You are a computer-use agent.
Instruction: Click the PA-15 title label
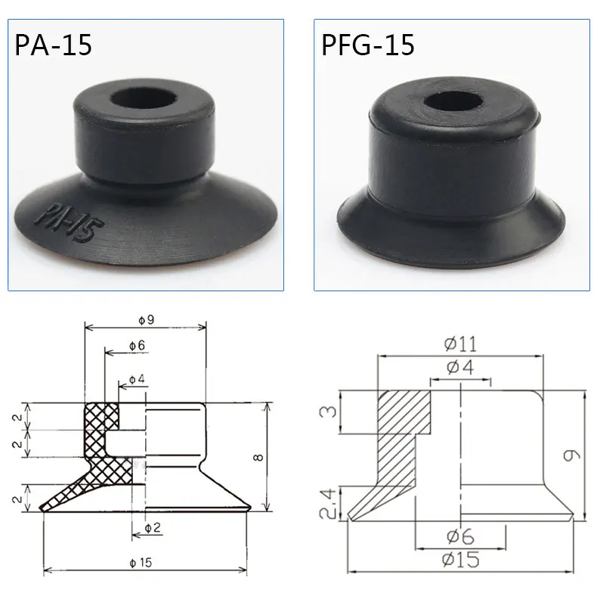tap(53, 45)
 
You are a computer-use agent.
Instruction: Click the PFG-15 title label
tap(368, 45)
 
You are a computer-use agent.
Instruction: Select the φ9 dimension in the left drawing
tap(146, 320)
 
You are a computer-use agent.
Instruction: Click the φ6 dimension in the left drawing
tap(136, 345)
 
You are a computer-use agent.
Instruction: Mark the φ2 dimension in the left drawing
tap(153, 527)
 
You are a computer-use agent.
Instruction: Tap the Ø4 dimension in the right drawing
tap(460, 368)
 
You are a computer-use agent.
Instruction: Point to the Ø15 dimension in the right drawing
tap(460, 560)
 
